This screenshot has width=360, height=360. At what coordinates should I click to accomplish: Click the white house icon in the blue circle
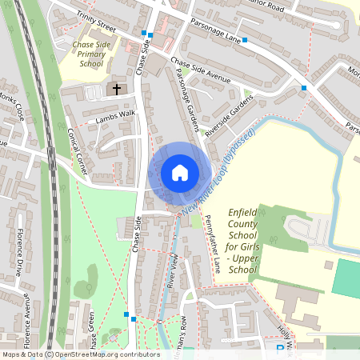coord(179,172)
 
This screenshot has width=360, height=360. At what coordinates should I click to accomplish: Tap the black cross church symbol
coord(117,89)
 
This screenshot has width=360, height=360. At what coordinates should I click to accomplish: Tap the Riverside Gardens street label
coord(228,115)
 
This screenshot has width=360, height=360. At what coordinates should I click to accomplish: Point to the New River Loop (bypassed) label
coord(218,170)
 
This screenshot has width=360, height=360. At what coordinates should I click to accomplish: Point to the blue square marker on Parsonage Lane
coord(245,39)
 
